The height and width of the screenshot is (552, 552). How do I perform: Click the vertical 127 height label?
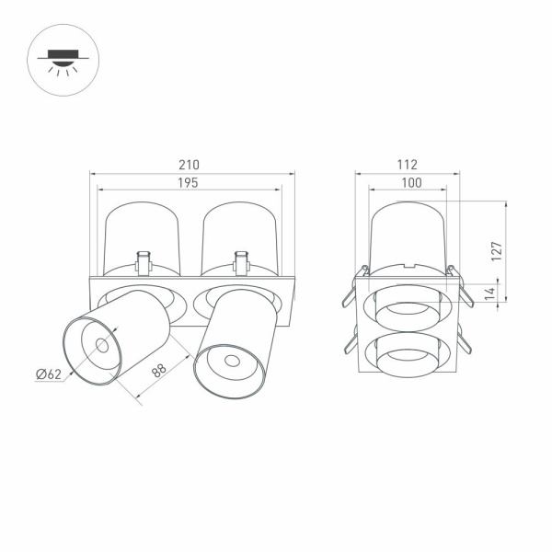tap(496, 250)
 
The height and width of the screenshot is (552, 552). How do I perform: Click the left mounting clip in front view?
tap(143, 262)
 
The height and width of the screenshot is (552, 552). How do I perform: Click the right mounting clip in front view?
tap(241, 262)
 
